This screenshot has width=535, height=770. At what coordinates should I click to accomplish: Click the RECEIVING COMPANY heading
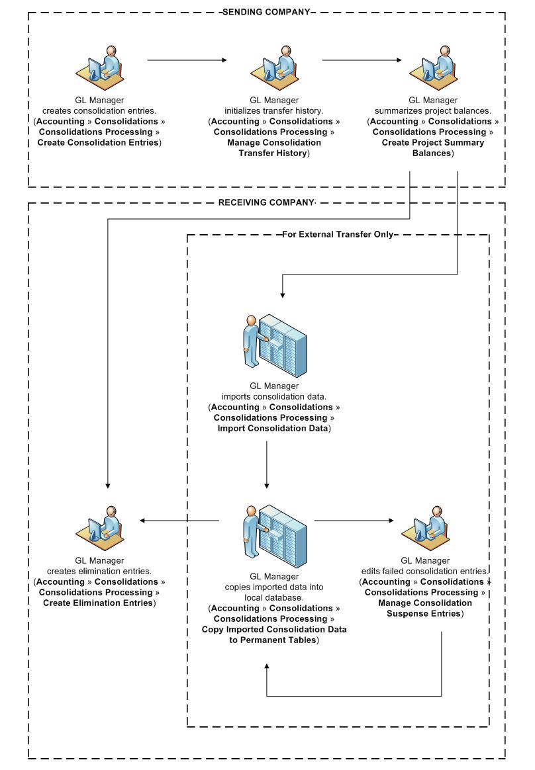(x=266, y=203)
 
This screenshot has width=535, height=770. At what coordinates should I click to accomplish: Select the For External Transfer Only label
(x=338, y=234)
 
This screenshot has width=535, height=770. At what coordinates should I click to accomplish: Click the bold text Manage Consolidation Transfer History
(x=274, y=148)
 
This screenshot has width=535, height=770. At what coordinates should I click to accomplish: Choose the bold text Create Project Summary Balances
(x=432, y=148)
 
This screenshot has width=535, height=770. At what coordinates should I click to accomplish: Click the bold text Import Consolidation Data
(x=273, y=429)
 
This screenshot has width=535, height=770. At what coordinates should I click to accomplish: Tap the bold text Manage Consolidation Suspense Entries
(x=424, y=608)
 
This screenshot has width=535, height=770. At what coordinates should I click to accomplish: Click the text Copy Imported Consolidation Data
(x=274, y=629)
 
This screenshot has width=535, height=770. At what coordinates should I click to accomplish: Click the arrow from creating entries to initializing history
(x=187, y=60)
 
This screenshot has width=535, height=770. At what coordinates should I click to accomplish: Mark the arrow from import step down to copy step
(x=266, y=463)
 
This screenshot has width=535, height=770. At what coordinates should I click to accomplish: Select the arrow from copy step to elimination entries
(x=179, y=521)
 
